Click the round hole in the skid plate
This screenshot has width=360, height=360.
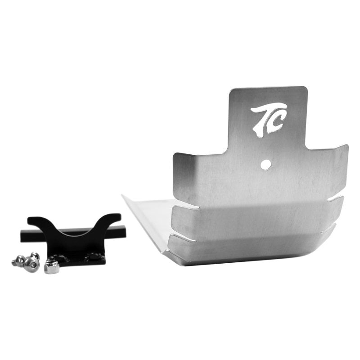coord(266,165)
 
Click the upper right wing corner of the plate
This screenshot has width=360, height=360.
coord(346,146)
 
